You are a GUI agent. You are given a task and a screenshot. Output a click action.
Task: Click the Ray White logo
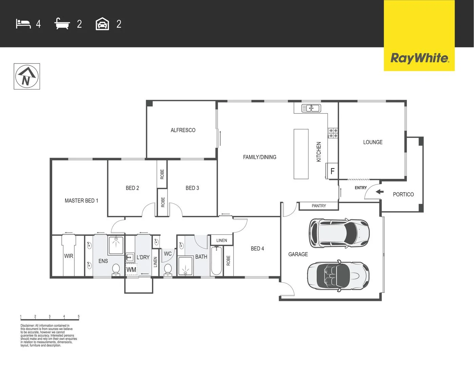coord(419,58)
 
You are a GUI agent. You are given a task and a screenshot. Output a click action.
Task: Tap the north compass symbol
coord(27,77)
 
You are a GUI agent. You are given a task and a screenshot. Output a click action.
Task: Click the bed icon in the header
coord(23,24)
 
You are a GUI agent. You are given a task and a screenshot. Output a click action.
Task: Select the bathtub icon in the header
coord(62,24)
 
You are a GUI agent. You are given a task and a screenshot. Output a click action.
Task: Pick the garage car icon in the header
coord(102,24)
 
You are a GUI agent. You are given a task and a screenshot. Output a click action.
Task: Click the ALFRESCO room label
coord(183,130)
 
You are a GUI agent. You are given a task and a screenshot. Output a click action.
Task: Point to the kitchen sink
coord(311,108)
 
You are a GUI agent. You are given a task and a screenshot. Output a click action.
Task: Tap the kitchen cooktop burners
coord(333,133)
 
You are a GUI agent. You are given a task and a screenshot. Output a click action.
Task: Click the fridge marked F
coord(332,171)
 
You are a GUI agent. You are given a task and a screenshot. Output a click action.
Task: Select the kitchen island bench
coord(301,154)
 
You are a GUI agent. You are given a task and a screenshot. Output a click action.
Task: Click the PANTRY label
coord(319,206)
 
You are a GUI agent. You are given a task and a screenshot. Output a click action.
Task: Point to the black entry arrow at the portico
coord(379,192)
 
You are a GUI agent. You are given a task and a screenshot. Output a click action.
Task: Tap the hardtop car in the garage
coord(339,233)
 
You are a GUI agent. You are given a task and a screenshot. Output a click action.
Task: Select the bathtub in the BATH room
coord(216,261)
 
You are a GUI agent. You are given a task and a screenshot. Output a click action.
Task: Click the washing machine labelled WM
coord(131,270)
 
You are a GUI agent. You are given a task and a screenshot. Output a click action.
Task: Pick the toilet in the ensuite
coord(116,269)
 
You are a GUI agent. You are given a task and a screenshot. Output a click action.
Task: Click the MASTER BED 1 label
coord(81,201)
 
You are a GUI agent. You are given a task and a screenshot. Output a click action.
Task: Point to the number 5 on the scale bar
coord(79,317)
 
